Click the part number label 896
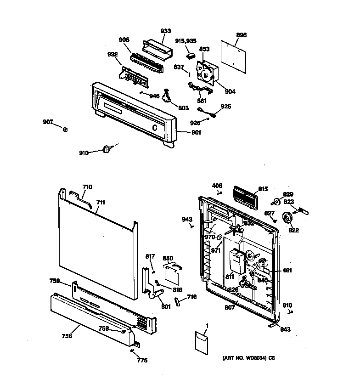241,35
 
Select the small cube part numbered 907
66,129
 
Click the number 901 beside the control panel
197,132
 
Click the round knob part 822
288,219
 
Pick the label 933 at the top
165,31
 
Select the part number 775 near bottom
142,360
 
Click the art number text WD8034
245,357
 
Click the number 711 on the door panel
101,202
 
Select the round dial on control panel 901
155,128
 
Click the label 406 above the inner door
217,186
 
